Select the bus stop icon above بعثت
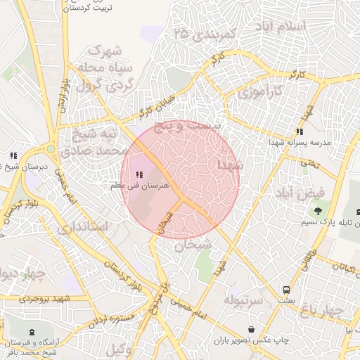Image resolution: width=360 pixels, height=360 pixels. click(x=287, y=290)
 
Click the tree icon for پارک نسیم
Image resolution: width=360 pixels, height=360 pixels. click(x=319, y=210)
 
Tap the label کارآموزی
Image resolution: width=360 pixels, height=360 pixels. click(x=259, y=91)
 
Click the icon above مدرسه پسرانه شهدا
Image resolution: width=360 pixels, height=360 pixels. click(x=300, y=131)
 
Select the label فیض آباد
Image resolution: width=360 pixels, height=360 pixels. click(x=300, y=192)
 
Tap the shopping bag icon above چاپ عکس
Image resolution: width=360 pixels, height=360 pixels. click(x=252, y=329)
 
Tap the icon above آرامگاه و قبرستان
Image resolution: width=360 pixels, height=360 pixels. click(x=32, y=331)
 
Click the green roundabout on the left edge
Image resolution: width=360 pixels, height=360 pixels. click(x=51, y=149)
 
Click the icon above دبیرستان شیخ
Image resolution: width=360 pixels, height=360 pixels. click(x=13, y=156)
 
